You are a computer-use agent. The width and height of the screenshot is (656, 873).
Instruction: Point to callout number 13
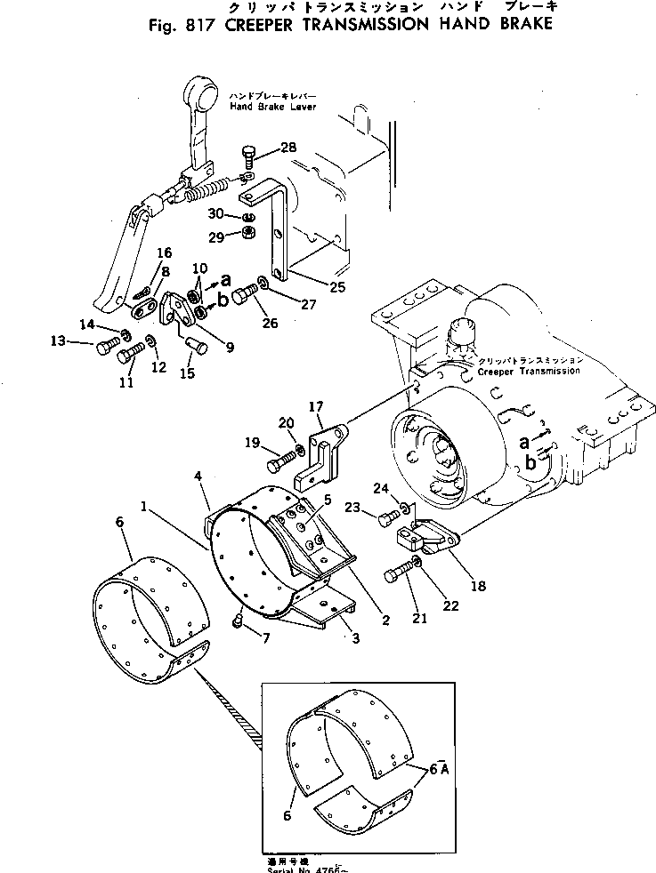57,340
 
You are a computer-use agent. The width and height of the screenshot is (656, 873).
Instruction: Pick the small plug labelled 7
238,622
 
